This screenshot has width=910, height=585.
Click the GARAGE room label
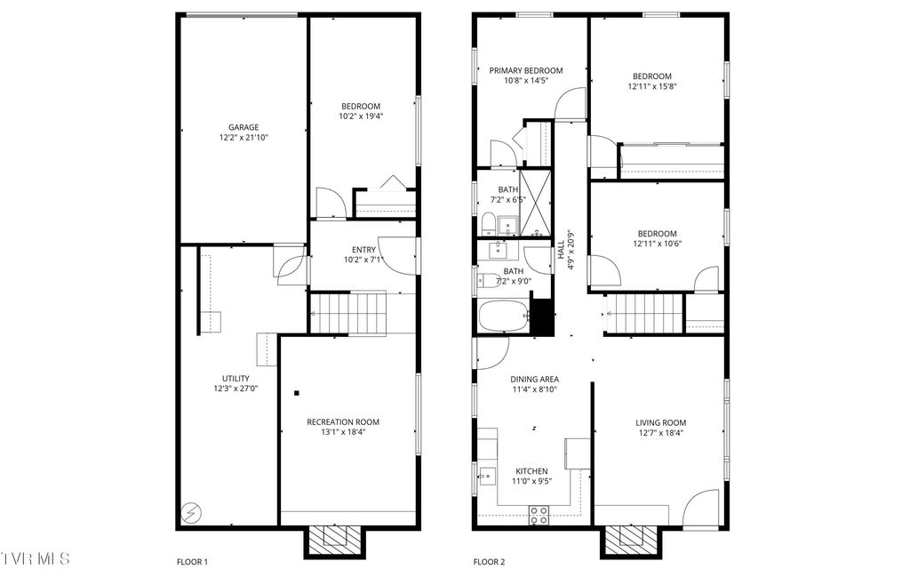point(243,127)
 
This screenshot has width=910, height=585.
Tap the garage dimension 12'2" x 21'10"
point(243,138)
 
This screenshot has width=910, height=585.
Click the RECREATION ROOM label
point(343,422)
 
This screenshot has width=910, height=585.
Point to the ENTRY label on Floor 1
point(363,250)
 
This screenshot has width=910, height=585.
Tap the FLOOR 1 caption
point(192,562)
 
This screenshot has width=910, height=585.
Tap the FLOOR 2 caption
point(489,562)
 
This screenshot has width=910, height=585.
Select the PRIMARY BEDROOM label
point(526,71)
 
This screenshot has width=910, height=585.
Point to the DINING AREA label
point(534,378)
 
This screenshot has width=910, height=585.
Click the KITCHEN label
point(531,471)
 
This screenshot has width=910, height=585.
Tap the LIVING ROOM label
point(660,422)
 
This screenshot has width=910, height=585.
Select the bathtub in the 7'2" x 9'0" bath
point(503,316)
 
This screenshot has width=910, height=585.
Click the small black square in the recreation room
point(298,392)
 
